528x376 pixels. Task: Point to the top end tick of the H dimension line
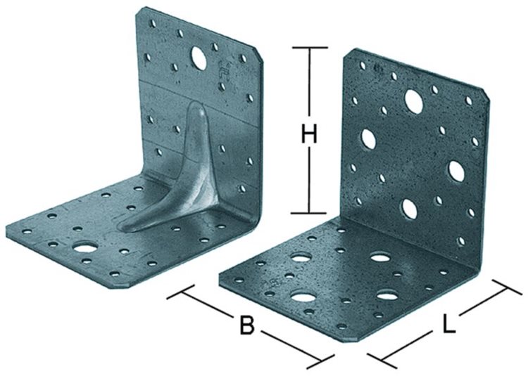tap(310, 48)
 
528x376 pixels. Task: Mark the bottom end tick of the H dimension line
tap(310, 213)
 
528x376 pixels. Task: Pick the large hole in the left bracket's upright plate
tap(199, 58)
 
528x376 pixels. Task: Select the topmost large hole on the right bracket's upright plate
tap(414, 100)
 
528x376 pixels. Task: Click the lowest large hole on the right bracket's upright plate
tap(410, 208)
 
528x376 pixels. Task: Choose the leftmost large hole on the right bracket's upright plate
tap(368, 139)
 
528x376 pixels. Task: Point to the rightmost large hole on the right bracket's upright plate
tap(457, 171)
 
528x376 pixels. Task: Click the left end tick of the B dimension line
tap(181, 292)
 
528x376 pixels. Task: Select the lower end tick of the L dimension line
tap(382, 361)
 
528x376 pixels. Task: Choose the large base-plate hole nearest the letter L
tap(386, 296)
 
